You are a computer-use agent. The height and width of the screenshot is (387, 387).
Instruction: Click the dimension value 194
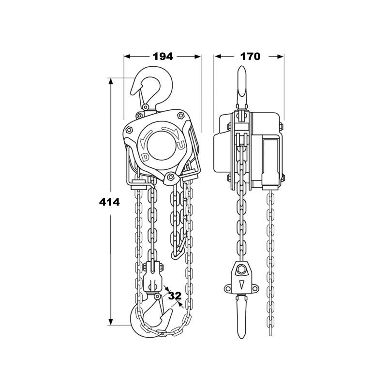(x=163, y=57)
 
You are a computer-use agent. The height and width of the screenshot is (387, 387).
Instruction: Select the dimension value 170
(x=250, y=57)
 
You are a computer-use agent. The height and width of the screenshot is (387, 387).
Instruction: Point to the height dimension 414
(x=109, y=202)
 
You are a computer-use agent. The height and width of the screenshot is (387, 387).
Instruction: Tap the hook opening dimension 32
(x=175, y=296)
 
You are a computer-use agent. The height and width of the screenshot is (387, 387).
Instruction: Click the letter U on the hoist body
(x=181, y=146)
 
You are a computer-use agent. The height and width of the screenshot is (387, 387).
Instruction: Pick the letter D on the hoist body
(x=146, y=157)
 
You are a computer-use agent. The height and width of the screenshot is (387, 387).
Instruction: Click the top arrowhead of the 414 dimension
(x=111, y=81)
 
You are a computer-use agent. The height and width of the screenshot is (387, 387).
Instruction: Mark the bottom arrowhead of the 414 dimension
(x=111, y=322)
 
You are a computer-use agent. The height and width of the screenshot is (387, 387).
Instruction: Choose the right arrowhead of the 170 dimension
(x=281, y=57)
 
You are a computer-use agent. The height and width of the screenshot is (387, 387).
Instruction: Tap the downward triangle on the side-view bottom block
(x=241, y=284)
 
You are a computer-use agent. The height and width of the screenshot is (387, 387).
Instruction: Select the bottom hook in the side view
(x=241, y=317)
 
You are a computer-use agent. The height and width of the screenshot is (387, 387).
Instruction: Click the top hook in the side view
(x=241, y=87)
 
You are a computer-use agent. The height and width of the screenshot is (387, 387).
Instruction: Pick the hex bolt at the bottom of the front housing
(x=170, y=177)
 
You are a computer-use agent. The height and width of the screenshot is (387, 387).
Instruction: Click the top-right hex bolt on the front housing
(x=180, y=116)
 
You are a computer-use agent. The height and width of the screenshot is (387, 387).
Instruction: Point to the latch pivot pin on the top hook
(x=146, y=107)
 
